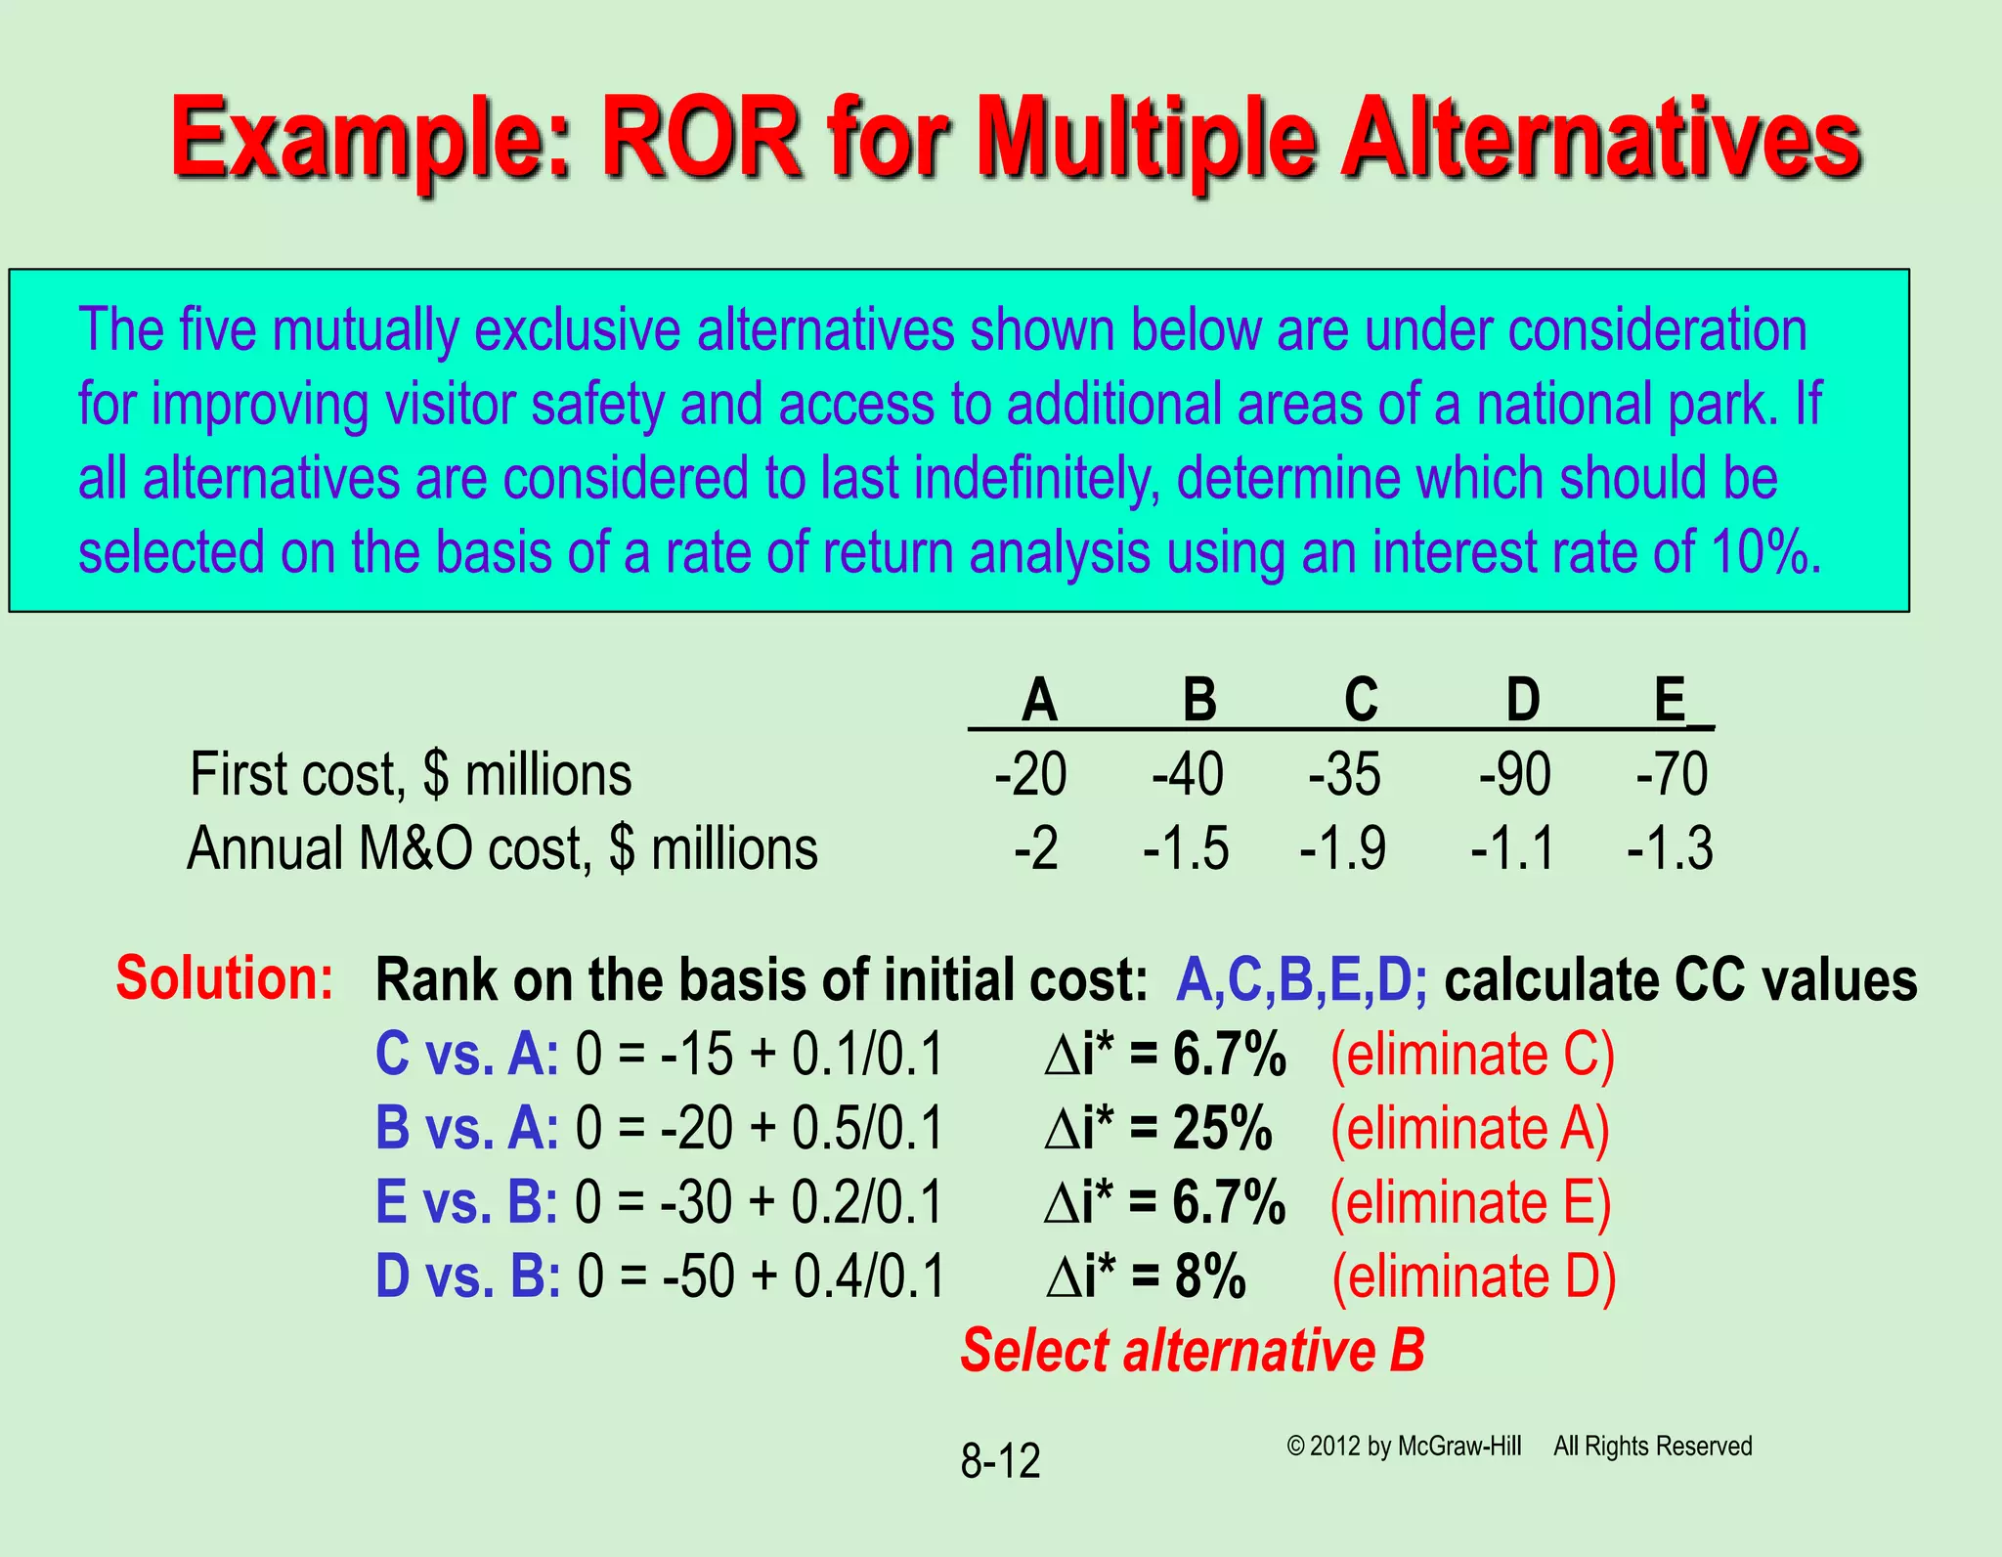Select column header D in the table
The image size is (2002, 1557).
point(1522,700)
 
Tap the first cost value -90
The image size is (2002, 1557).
point(1514,774)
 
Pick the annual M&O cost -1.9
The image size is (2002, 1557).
point(1342,847)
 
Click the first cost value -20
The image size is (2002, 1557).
point(1030,774)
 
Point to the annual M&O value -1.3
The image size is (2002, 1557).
point(1670,847)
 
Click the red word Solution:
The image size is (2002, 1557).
point(225,977)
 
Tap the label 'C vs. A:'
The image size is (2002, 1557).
point(467,1055)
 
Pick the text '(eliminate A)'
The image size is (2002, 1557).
point(1470,1129)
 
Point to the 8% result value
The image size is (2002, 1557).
point(1210,1276)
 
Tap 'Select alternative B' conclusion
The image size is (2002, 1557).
point(1193,1351)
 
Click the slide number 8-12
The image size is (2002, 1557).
point(1000,1461)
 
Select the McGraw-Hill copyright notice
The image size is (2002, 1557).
point(1404,1447)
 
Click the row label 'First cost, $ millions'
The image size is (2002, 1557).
point(411,774)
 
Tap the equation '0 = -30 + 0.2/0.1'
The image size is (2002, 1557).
point(759,1202)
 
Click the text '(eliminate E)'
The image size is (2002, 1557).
point(1470,1202)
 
